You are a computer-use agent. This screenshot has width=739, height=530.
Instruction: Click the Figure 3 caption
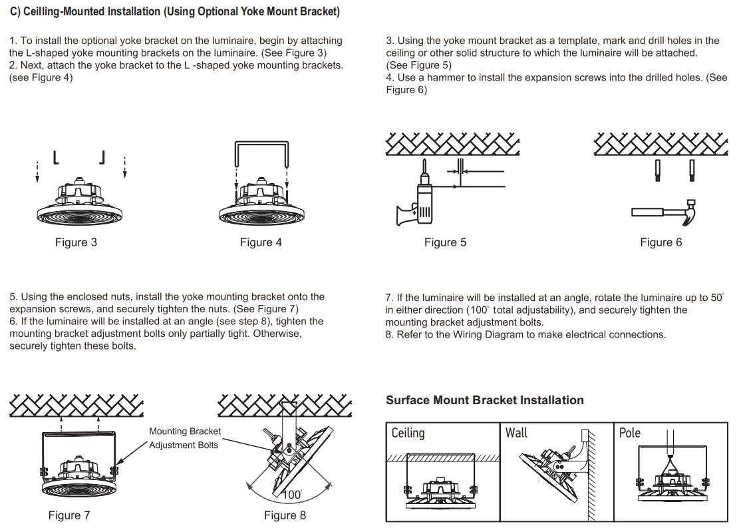(x=76, y=242)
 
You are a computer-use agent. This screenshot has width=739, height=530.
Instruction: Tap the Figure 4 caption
(x=261, y=242)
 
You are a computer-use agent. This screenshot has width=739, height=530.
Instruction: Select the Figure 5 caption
(x=445, y=242)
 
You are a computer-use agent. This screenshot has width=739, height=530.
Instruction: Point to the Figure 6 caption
(x=661, y=242)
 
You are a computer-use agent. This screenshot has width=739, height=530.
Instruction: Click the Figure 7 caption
(x=69, y=515)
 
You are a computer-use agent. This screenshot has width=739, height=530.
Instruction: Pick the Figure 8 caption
(x=285, y=515)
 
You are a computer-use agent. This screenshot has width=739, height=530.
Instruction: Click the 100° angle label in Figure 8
(x=292, y=495)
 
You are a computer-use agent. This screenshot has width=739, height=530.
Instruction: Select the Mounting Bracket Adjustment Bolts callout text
(x=184, y=438)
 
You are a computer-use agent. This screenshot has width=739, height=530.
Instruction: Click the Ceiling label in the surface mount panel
(x=408, y=433)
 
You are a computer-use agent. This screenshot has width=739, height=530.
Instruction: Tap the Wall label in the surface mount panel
(x=516, y=433)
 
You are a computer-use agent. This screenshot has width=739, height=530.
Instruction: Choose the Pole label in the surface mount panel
(x=629, y=433)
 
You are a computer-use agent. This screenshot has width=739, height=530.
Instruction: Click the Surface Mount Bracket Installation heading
(x=484, y=400)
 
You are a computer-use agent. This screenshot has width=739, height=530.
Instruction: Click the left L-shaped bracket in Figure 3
(x=56, y=158)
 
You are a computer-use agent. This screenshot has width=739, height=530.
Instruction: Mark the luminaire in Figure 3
(x=80, y=203)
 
